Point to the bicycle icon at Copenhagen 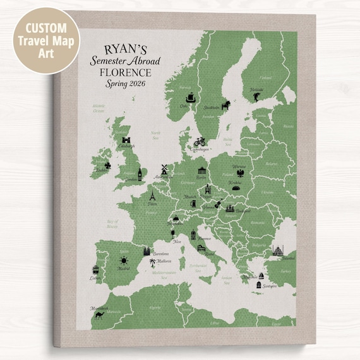(x=201, y=142)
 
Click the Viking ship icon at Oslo (x=189, y=97)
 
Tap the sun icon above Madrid (x=124, y=261)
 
